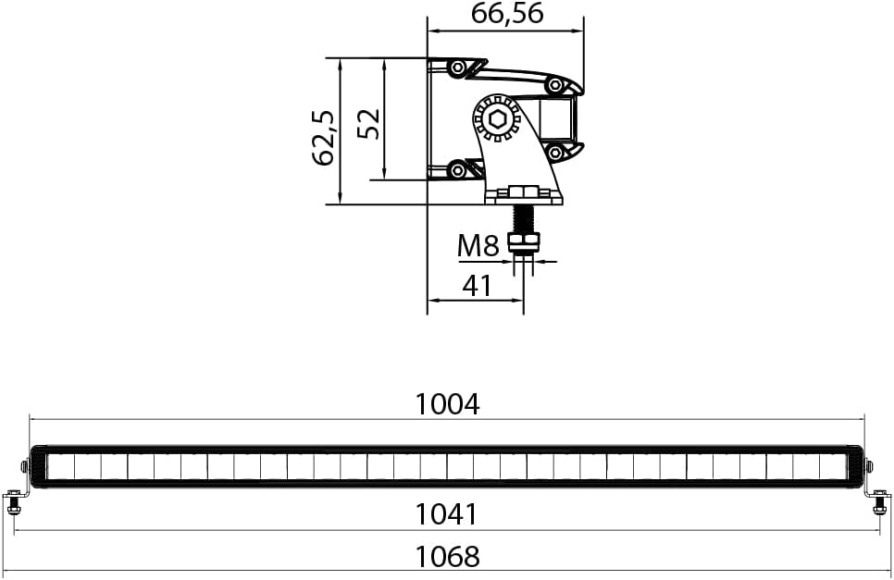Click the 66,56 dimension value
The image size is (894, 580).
[506, 14]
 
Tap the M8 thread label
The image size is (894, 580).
[478, 246]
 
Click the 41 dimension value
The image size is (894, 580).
[476, 285]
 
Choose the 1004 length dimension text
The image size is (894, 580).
[447, 404]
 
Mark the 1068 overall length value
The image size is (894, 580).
[447, 557]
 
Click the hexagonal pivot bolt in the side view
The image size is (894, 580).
[495, 119]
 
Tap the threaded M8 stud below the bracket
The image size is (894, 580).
[523, 219]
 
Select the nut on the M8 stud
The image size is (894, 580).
[524, 243]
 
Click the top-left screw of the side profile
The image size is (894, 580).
[456, 68]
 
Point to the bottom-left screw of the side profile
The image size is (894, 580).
[456, 170]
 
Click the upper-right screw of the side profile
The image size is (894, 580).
[554, 85]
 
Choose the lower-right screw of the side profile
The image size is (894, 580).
[554, 153]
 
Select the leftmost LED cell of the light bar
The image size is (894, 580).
[61, 467]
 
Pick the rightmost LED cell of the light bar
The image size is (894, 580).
[833, 467]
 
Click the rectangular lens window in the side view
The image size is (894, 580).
[559, 119]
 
